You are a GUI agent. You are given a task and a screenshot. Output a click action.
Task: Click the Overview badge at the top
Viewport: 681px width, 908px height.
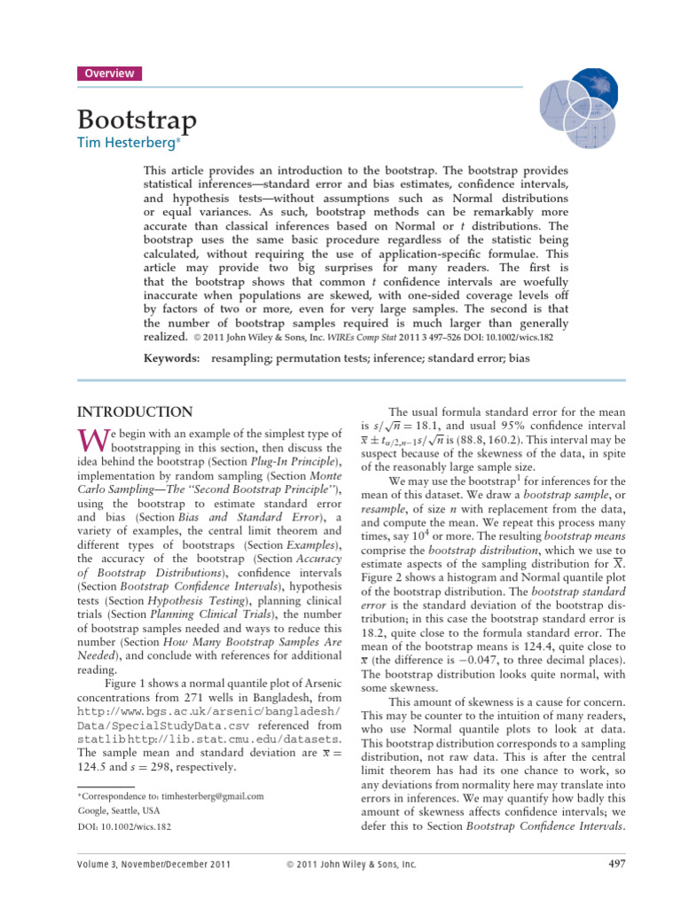tap(110, 74)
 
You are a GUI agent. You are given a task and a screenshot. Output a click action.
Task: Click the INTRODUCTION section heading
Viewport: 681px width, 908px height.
tap(134, 412)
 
